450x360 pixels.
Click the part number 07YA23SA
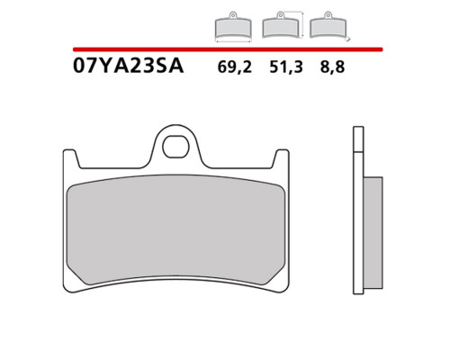coord(128,67)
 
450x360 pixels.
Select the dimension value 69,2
coord(235,67)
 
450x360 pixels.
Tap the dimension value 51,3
coord(286,67)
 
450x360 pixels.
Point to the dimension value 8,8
coord(332,67)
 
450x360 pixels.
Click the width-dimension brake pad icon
coord(233,26)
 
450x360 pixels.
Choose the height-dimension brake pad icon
coord(281,25)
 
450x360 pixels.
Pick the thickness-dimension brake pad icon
coord(328,25)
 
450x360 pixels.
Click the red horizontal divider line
coord(228,49)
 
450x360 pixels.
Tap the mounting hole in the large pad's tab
coord(175,147)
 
